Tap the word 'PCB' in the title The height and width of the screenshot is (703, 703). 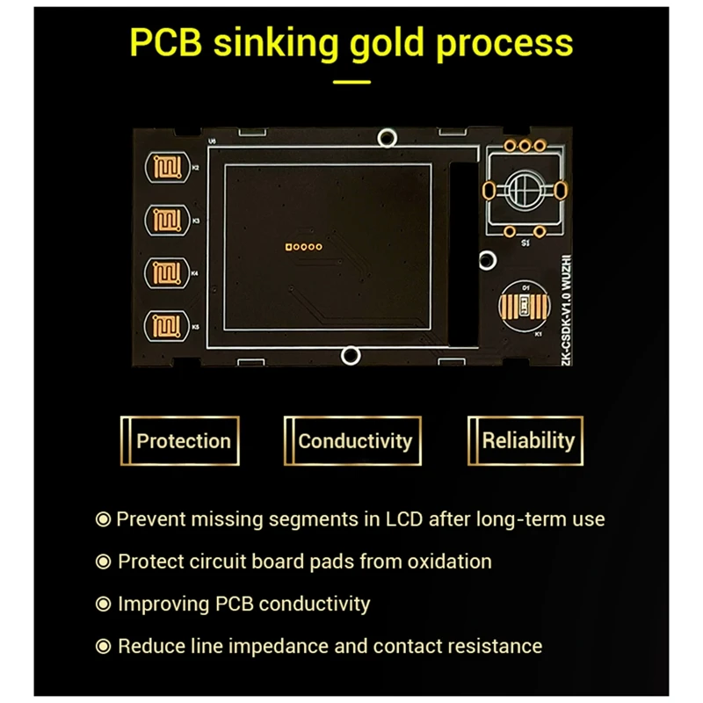(x=170, y=41)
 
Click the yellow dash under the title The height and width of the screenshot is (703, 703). (x=352, y=83)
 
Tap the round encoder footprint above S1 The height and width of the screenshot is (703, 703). (x=524, y=188)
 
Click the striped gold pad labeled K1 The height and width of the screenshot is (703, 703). (x=525, y=307)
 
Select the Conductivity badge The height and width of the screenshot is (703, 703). (x=354, y=441)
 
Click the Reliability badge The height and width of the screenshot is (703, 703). (x=527, y=441)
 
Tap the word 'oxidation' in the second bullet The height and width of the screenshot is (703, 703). (x=448, y=562)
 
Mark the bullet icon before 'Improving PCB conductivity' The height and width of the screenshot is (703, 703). (x=104, y=605)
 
